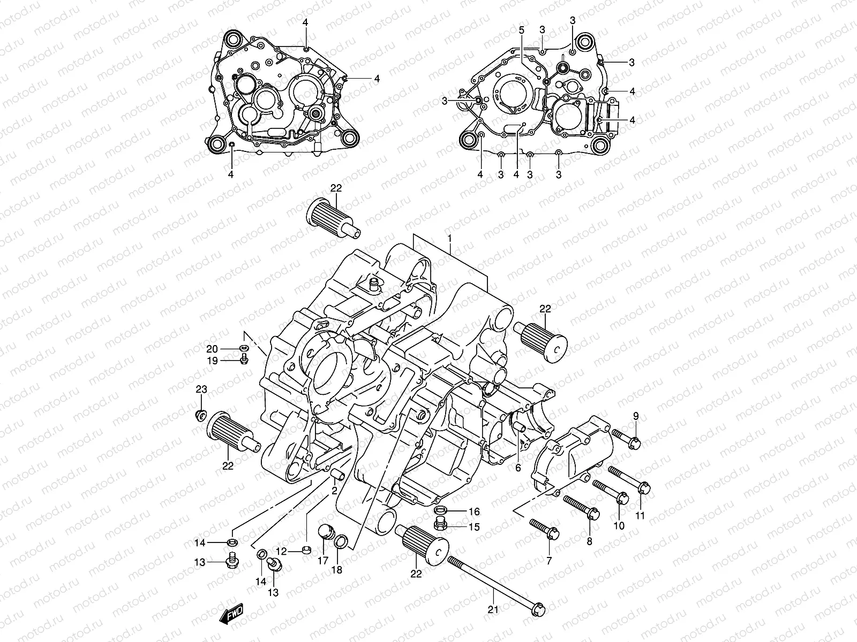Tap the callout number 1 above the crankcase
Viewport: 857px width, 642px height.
tap(450, 238)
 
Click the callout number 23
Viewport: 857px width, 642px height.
tap(200, 389)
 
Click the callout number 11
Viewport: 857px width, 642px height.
tap(641, 516)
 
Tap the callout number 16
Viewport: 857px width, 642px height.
tap(474, 512)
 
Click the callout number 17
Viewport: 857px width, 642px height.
tap(322, 561)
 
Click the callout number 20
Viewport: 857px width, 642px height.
tap(213, 349)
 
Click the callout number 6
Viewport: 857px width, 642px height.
tap(518, 467)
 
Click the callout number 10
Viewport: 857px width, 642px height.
tap(619, 526)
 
